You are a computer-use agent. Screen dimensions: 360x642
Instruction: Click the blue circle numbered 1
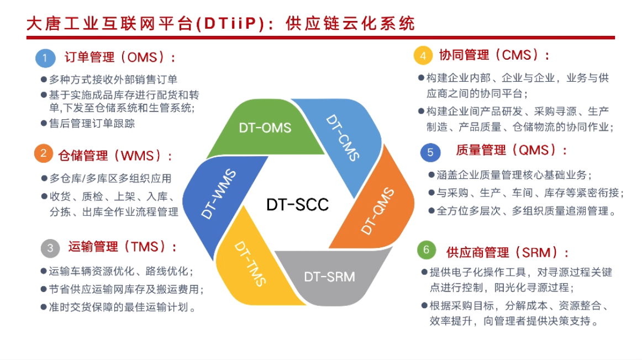point(45,57)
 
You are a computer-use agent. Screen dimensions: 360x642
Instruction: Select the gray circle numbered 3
point(50,248)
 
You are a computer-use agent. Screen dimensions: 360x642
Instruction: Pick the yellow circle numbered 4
point(423,56)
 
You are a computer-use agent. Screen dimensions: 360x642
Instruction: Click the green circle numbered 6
point(426,250)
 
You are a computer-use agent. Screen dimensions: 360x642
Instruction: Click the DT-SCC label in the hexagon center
point(297,204)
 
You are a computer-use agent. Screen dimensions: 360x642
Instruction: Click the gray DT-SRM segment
point(329,276)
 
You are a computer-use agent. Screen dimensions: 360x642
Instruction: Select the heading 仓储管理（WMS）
point(115,155)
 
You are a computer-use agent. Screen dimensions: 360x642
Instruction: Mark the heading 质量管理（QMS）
point(511,150)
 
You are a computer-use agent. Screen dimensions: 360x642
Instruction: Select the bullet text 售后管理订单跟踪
point(92,123)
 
